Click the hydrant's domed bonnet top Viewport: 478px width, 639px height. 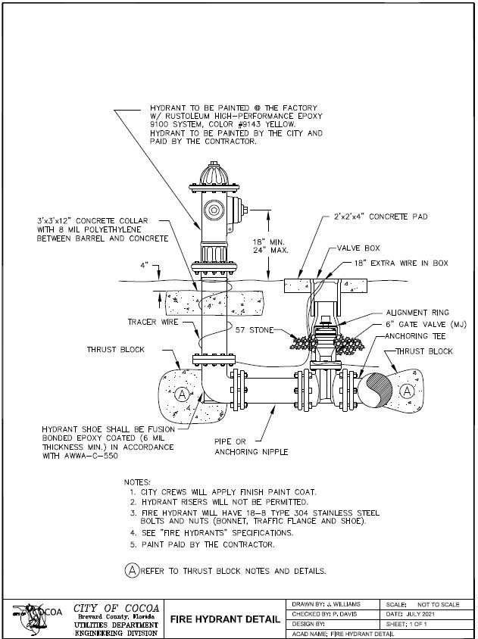pyautogui.click(x=213, y=176)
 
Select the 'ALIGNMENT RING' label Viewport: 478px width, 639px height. pyautogui.click(x=417, y=312)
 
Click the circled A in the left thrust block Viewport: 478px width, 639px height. pyautogui.click(x=180, y=394)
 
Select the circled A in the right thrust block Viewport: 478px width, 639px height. pyautogui.click(x=408, y=391)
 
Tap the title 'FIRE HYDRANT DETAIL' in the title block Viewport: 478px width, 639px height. pyautogui.click(x=224, y=619)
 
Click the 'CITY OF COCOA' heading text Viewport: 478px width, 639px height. pyautogui.click(x=116, y=608)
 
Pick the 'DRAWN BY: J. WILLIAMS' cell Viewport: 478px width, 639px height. pyautogui.click(x=326, y=603)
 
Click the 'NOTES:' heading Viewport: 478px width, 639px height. pyautogui.click(x=137, y=482)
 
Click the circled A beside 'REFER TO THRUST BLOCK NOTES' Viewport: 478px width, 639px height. pyautogui.click(x=130, y=569)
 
